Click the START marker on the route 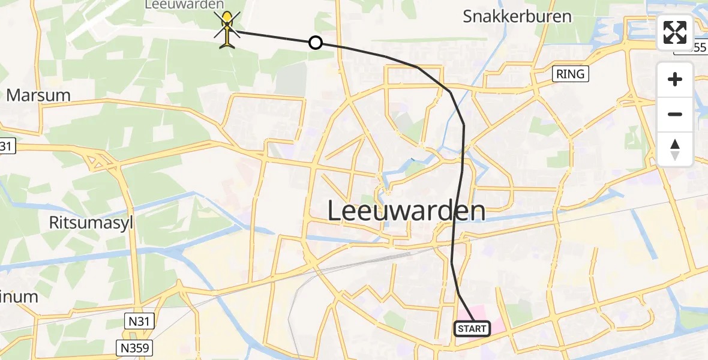tap(472, 328)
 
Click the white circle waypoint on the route tap(315, 43)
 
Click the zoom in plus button tap(675, 80)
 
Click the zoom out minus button tap(675, 114)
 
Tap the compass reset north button tap(675, 149)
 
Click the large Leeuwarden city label tap(407, 211)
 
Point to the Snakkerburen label tap(517, 16)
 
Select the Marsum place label tap(38, 95)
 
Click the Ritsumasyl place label tap(91, 223)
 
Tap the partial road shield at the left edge tap(5, 146)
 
